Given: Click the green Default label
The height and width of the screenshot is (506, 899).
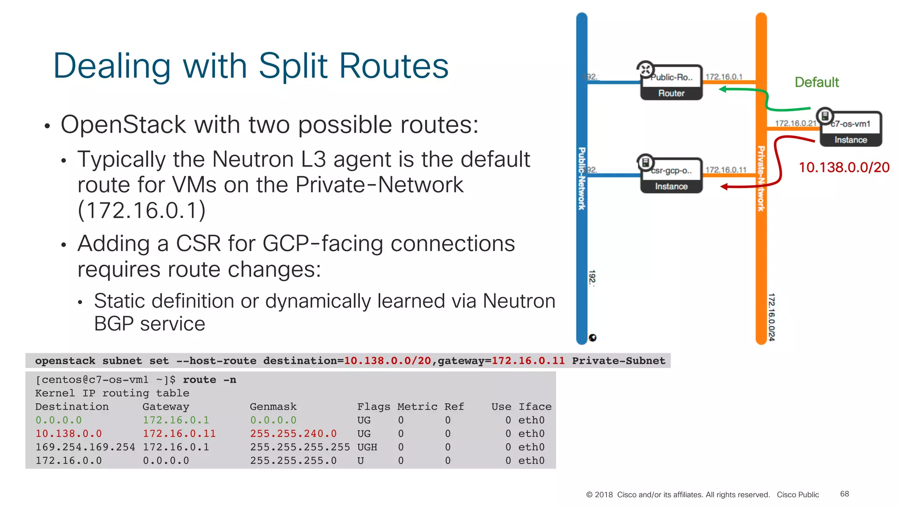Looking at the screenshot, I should [x=816, y=82].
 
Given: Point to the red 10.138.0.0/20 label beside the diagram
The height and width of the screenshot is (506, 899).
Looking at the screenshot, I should [x=844, y=167].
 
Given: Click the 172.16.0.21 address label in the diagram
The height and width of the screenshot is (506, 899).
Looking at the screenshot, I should [x=795, y=123].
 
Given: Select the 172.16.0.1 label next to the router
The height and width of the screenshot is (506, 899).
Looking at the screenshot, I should [x=724, y=77].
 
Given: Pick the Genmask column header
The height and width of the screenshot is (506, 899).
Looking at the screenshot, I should [x=273, y=407].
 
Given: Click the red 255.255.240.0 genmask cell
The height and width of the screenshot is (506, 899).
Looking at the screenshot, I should [x=293, y=434].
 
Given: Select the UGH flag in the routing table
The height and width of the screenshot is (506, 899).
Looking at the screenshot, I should [x=367, y=447].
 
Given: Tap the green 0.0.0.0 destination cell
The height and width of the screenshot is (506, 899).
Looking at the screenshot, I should [x=58, y=420].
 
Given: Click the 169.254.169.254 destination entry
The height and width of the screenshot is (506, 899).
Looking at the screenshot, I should [x=85, y=447].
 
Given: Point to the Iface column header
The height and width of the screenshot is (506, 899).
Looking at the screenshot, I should [x=535, y=407].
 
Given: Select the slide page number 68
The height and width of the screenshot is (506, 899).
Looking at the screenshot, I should [x=844, y=494].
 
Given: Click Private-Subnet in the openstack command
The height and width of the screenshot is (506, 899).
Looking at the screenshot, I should [x=618, y=361].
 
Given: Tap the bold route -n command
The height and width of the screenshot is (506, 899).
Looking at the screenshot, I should [x=209, y=380].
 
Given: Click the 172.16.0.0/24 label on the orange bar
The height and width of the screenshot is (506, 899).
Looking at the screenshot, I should [x=771, y=317].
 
